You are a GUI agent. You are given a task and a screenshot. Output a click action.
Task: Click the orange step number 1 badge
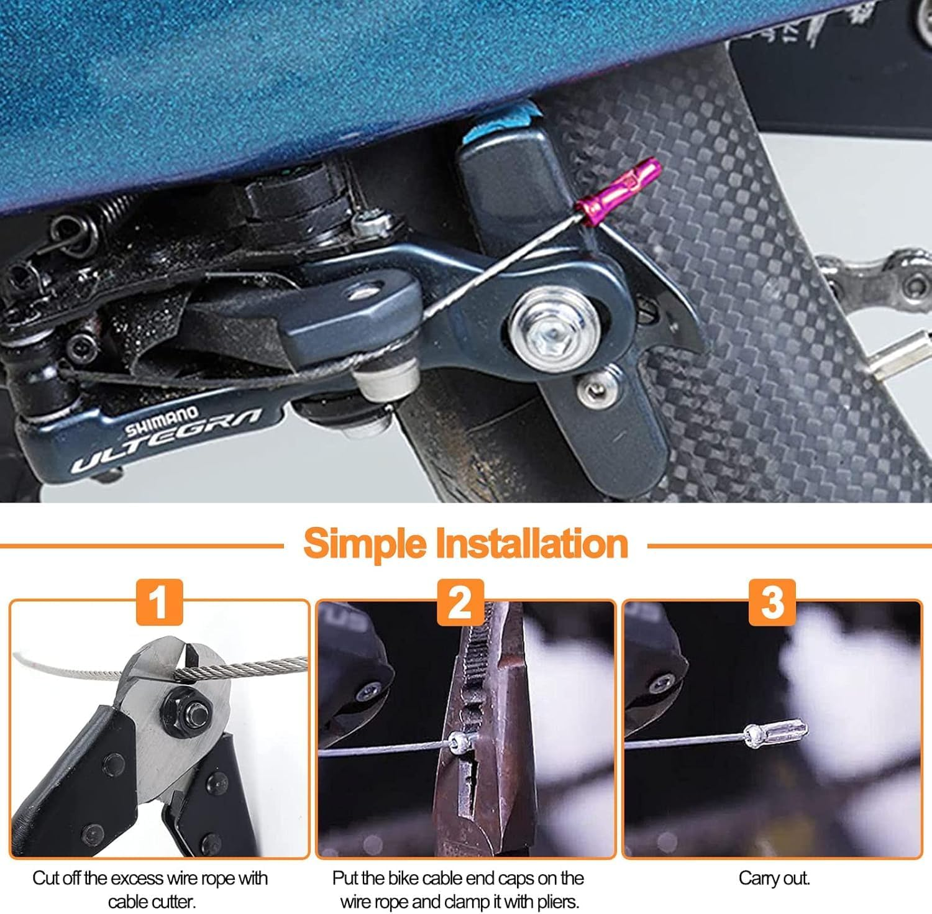point(160,601)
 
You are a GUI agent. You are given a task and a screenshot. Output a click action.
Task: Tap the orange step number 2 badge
point(460,601)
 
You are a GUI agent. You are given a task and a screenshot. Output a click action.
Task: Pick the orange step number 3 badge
point(772,601)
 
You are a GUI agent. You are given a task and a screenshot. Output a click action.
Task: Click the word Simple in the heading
point(365,543)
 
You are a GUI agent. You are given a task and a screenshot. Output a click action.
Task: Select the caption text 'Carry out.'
point(774,878)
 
